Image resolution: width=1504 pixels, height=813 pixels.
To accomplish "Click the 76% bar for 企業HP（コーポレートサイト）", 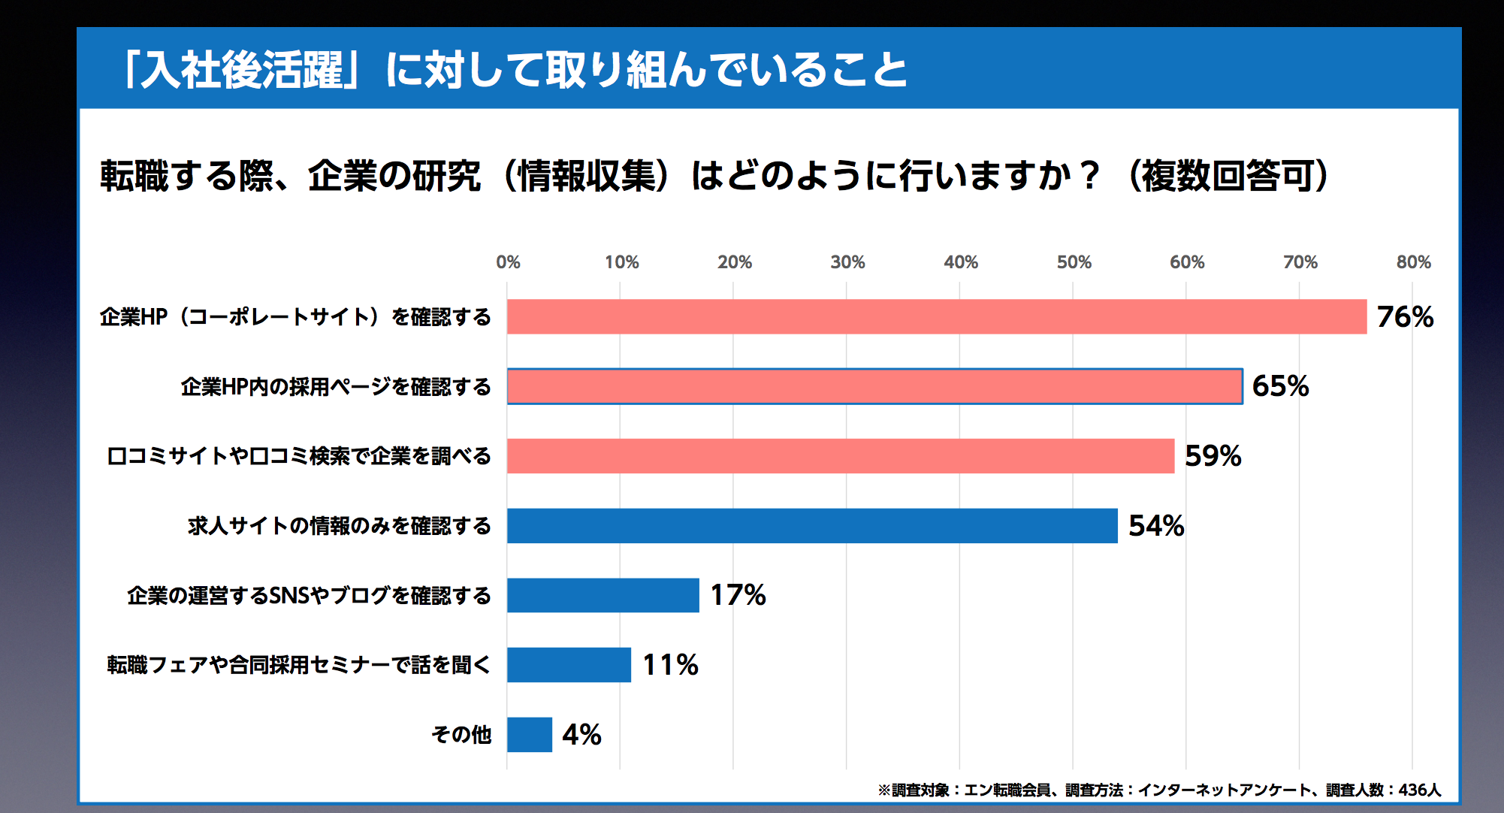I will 936,316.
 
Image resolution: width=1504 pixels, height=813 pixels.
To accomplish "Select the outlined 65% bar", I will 874,386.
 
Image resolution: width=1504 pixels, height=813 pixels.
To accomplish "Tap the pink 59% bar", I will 840,456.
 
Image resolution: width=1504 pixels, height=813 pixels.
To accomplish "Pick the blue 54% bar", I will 811,526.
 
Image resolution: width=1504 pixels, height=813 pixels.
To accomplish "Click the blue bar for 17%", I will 603,595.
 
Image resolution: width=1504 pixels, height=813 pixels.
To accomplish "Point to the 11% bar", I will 569,665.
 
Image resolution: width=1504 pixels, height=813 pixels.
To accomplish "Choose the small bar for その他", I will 529,735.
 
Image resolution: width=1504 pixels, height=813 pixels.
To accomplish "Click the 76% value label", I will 1405,317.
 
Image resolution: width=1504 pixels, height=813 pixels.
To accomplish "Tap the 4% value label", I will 581,735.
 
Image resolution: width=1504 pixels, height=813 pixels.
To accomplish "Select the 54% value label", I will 1156,526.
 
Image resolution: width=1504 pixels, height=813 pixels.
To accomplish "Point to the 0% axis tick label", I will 508,262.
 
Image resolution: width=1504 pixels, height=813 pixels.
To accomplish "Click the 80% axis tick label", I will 1413,262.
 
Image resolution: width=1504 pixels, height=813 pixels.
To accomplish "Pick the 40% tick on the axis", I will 961,262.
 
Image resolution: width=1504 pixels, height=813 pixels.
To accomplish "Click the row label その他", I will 461,735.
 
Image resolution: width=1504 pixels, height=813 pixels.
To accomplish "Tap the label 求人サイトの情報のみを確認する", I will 340,526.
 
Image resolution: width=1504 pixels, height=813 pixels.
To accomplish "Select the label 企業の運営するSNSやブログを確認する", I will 309,596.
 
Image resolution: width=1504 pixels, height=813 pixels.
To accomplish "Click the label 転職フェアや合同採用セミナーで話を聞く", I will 299,665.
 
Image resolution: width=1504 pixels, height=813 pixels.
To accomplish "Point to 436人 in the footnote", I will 1419,790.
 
